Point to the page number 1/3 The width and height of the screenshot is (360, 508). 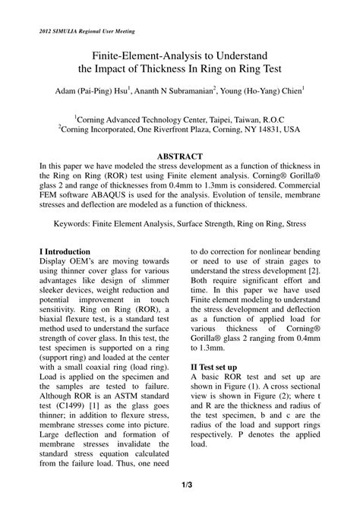180,484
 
